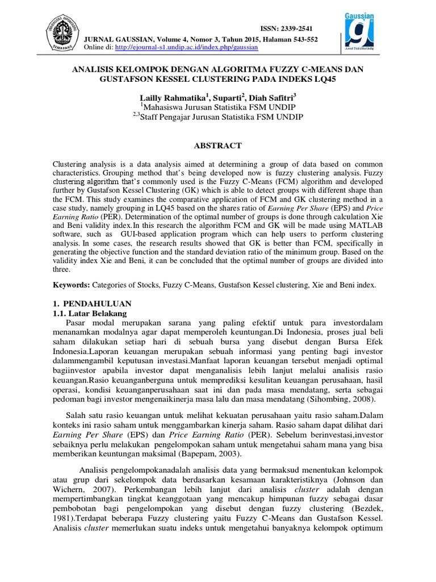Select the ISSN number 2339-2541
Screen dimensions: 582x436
pyautogui.click(x=295, y=29)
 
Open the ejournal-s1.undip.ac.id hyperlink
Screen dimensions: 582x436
pyautogui.click(x=186, y=48)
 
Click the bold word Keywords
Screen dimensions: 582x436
pyautogui.click(x=71, y=284)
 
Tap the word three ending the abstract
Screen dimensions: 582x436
pyautogui.click(x=62, y=270)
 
